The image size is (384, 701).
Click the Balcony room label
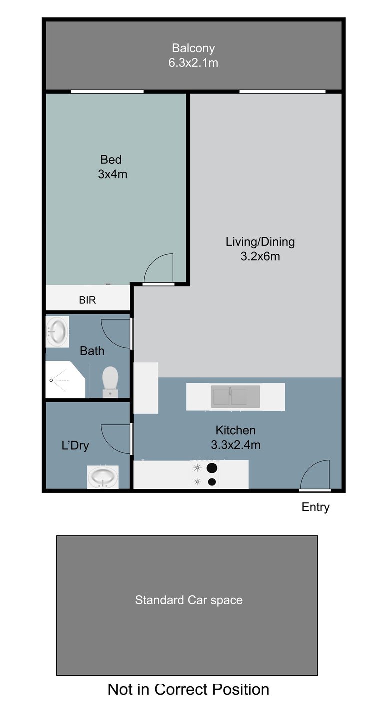click(x=193, y=48)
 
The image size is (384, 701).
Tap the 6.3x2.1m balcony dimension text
click(x=193, y=63)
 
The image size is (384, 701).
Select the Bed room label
click(x=111, y=160)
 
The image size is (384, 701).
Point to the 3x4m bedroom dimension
click(x=113, y=174)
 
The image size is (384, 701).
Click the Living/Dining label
click(x=260, y=242)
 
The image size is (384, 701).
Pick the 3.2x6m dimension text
click(x=260, y=256)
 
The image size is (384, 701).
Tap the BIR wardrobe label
click(x=87, y=300)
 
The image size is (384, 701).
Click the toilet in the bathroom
click(x=110, y=382)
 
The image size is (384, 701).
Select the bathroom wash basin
click(x=57, y=331)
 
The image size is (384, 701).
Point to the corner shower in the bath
click(x=65, y=380)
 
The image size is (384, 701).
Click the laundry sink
click(x=103, y=477)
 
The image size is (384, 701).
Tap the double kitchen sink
click(x=235, y=396)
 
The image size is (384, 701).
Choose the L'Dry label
click(x=75, y=445)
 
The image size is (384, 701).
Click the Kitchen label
click(x=236, y=430)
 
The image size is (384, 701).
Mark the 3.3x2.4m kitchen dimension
click(x=236, y=445)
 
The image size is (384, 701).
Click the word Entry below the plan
click(x=316, y=507)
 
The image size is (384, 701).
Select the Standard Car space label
click(x=189, y=600)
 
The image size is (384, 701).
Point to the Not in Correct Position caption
click(x=188, y=689)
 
